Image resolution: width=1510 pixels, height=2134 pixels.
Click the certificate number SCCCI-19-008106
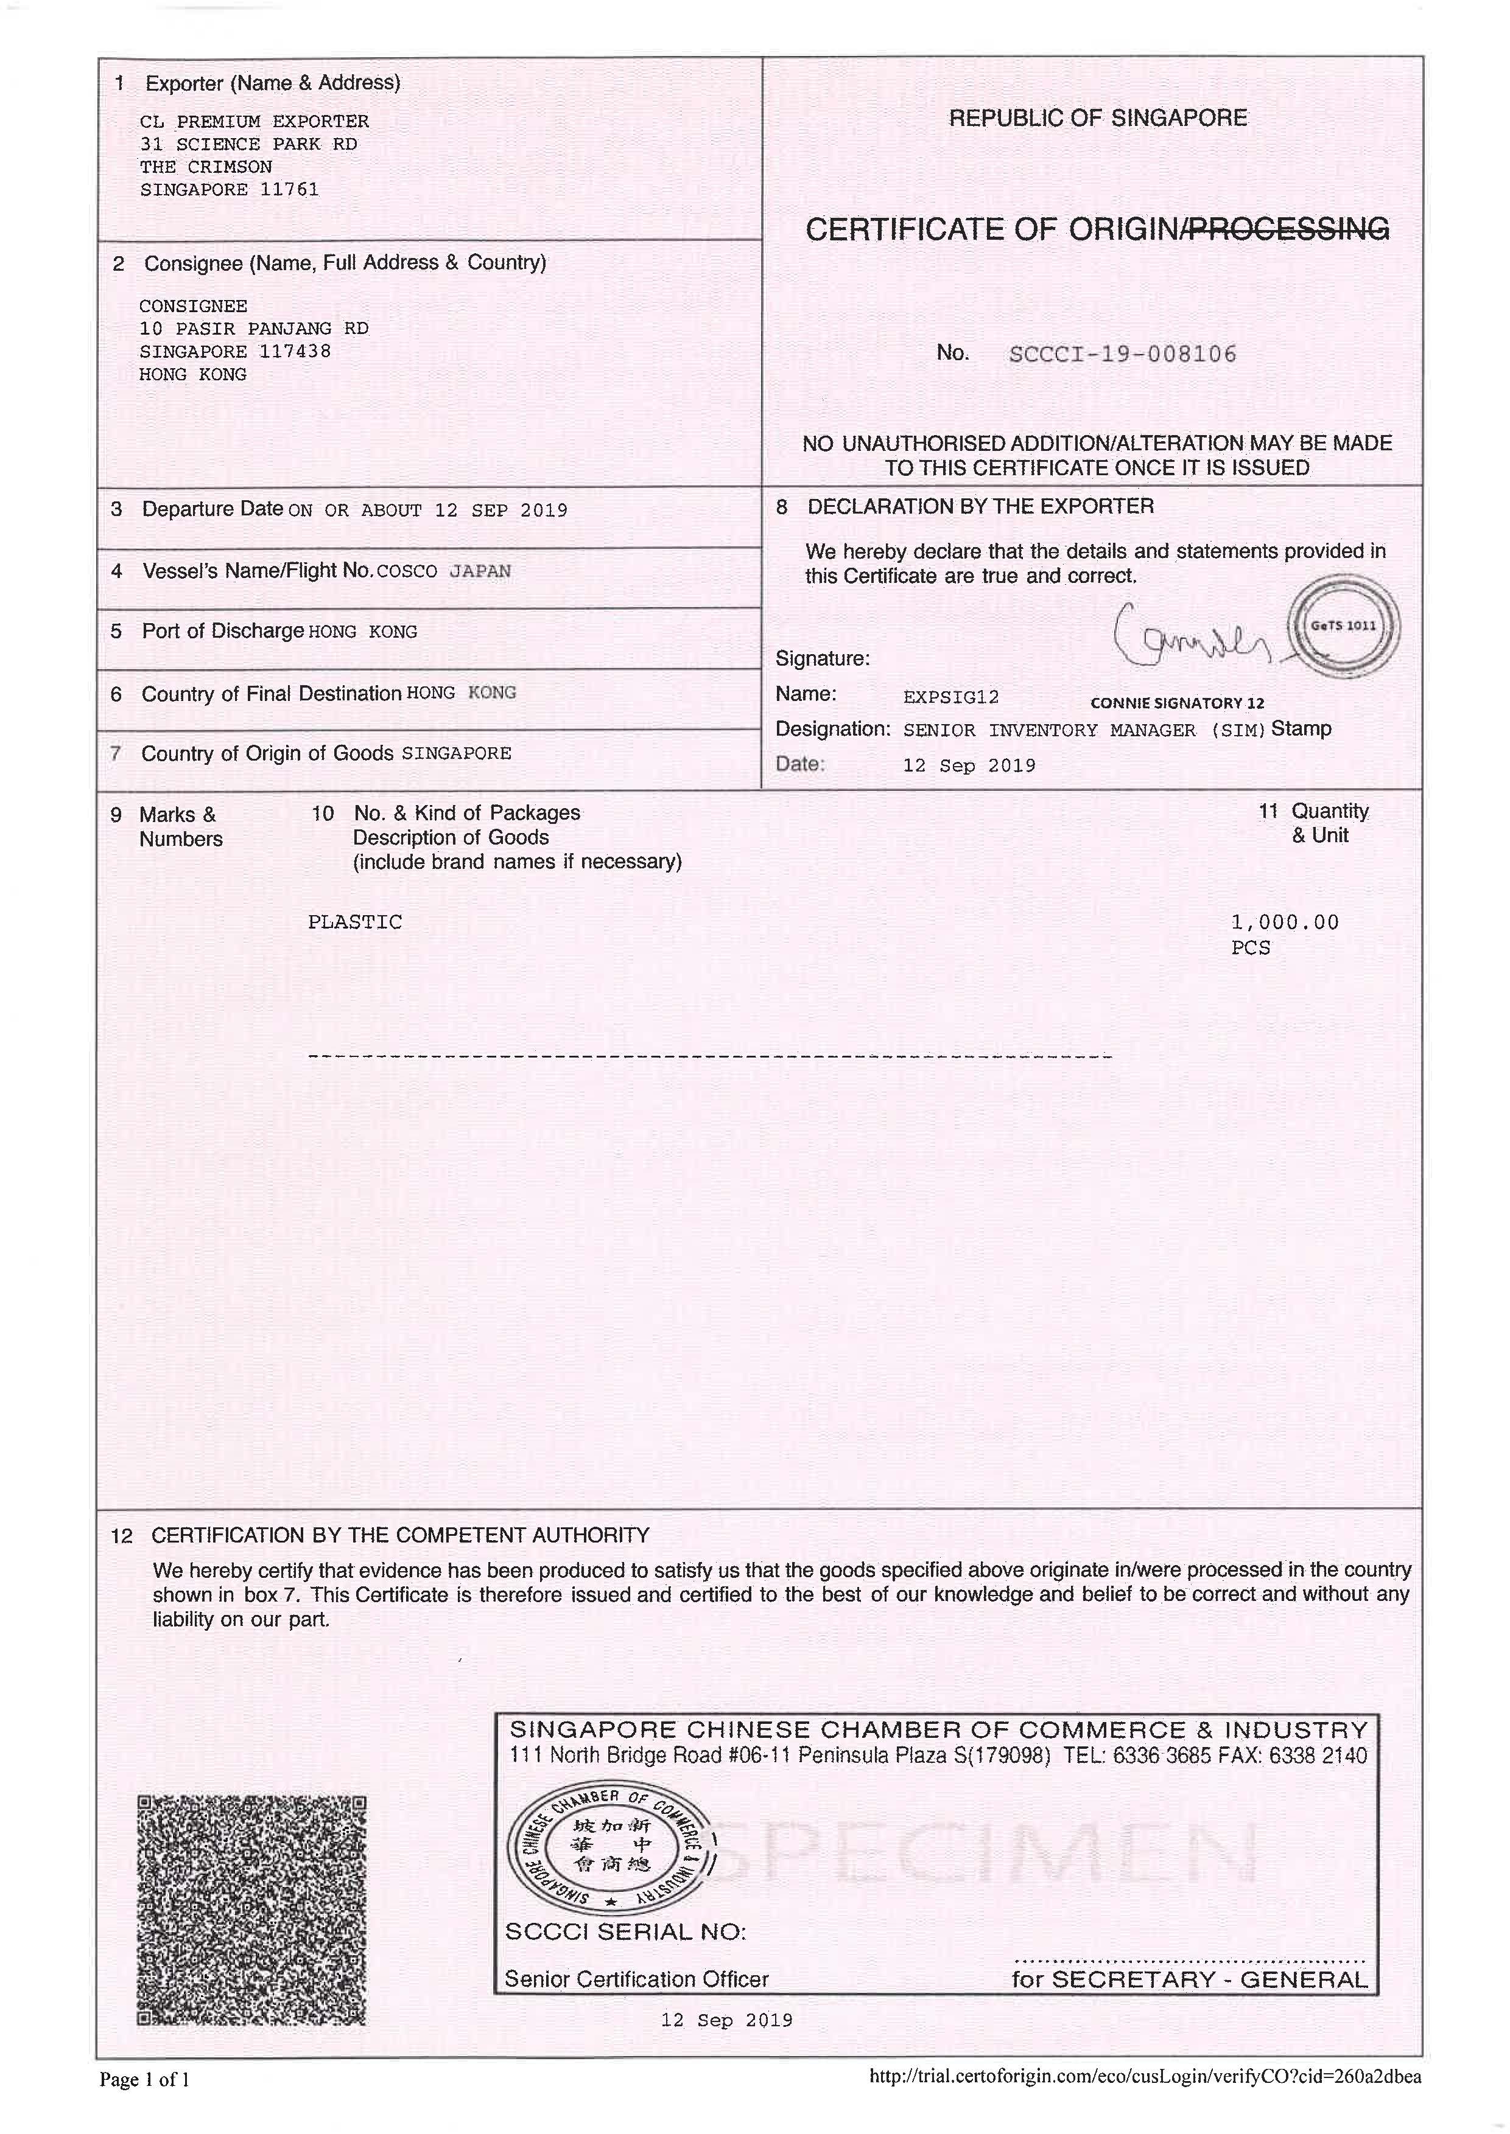pyautogui.click(x=1122, y=354)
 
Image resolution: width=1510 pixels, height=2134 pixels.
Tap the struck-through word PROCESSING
pyautogui.click(x=1289, y=229)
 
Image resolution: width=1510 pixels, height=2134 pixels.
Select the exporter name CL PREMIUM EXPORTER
pyautogui.click(x=254, y=121)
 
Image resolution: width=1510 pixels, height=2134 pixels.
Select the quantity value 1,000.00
pyautogui.click(x=1284, y=922)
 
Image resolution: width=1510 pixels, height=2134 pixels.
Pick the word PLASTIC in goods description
pyautogui.click(x=354, y=922)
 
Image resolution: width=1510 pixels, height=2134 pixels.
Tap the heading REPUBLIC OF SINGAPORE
pyautogui.click(x=1097, y=118)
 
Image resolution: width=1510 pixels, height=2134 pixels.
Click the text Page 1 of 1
pyautogui.click(x=144, y=2079)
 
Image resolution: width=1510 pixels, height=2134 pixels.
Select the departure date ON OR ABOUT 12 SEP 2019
pyautogui.click(x=427, y=511)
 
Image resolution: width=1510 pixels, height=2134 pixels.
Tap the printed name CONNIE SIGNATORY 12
pyautogui.click(x=1177, y=703)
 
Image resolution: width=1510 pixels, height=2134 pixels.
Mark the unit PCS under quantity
pyautogui.click(x=1251, y=948)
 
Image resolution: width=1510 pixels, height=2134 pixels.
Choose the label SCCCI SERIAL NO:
pyautogui.click(x=625, y=1933)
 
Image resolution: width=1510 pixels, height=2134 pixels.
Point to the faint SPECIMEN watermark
pyautogui.click(x=986, y=1854)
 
